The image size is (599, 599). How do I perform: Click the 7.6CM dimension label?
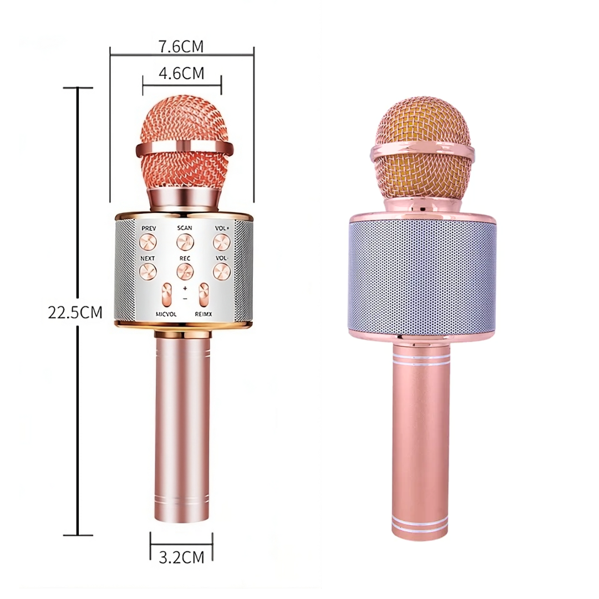(181, 47)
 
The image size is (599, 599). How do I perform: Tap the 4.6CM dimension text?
(181, 73)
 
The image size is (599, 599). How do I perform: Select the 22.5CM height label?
(75, 313)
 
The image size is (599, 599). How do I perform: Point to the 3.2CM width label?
(181, 557)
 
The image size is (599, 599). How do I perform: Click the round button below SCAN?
(185, 242)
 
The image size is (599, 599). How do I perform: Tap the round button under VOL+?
(221, 242)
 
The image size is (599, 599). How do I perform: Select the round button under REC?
(185, 271)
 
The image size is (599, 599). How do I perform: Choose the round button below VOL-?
(221, 271)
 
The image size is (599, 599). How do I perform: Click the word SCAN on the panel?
(185, 228)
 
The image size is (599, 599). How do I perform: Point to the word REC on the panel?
(185, 258)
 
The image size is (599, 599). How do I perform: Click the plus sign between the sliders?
(185, 289)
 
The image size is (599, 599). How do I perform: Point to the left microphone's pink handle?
(182, 433)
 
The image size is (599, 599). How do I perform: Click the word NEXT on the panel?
(148, 258)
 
